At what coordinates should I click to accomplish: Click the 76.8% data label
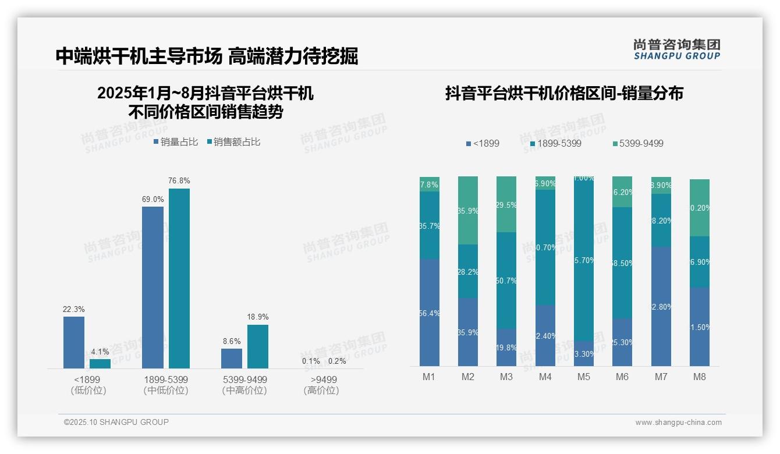tap(179, 181)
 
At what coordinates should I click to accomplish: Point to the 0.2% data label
tap(336, 361)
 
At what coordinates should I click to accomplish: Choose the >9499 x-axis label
tap(321, 385)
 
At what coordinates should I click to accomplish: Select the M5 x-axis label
tap(584, 377)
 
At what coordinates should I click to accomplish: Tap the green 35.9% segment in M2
tap(468, 210)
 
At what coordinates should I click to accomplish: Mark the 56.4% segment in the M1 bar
tap(430, 313)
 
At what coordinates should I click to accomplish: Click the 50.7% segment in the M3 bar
tap(506, 281)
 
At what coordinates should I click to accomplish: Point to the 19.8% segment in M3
tap(506, 347)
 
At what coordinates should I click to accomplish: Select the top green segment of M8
tap(700, 208)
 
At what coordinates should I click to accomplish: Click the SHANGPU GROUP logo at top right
tap(676, 49)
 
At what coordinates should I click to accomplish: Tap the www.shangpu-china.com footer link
tap(678, 423)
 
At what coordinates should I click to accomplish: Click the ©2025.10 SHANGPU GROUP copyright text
tap(116, 422)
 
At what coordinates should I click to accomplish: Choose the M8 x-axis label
tap(700, 377)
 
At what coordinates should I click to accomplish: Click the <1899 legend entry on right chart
tap(483, 143)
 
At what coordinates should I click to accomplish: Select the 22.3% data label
tap(74, 309)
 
